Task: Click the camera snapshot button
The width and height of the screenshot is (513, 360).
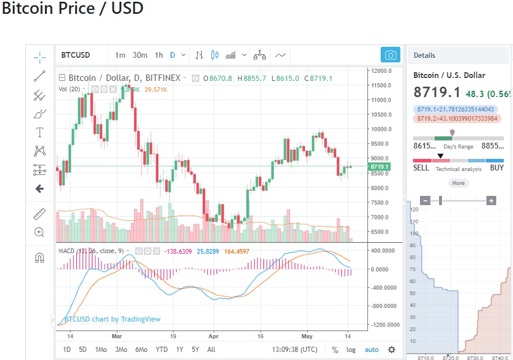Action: click(x=391, y=55)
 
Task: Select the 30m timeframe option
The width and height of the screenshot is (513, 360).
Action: click(x=140, y=55)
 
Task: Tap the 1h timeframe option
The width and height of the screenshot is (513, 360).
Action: click(x=158, y=55)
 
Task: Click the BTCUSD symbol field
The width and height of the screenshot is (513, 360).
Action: click(x=76, y=55)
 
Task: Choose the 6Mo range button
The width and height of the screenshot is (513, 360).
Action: click(x=141, y=350)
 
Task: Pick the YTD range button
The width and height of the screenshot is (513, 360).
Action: click(x=162, y=350)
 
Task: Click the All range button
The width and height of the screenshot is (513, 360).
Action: click(x=211, y=350)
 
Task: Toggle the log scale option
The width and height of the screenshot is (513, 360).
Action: click(x=351, y=350)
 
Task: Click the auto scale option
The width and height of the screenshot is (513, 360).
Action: click(x=371, y=350)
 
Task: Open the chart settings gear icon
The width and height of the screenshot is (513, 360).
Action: click(x=392, y=350)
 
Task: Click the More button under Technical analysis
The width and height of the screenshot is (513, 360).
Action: click(x=458, y=183)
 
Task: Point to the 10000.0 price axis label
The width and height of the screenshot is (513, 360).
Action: click(x=382, y=129)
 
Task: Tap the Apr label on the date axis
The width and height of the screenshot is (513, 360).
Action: click(x=214, y=335)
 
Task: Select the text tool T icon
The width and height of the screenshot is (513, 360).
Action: click(x=40, y=132)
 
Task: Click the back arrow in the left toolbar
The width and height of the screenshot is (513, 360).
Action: click(x=40, y=188)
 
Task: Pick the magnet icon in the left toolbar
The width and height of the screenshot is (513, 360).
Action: click(x=40, y=258)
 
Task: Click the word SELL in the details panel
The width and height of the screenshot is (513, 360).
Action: click(x=421, y=168)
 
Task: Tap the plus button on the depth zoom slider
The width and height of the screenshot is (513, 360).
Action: click(x=491, y=201)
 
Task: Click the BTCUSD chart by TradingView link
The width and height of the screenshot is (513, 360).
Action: click(x=112, y=319)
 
